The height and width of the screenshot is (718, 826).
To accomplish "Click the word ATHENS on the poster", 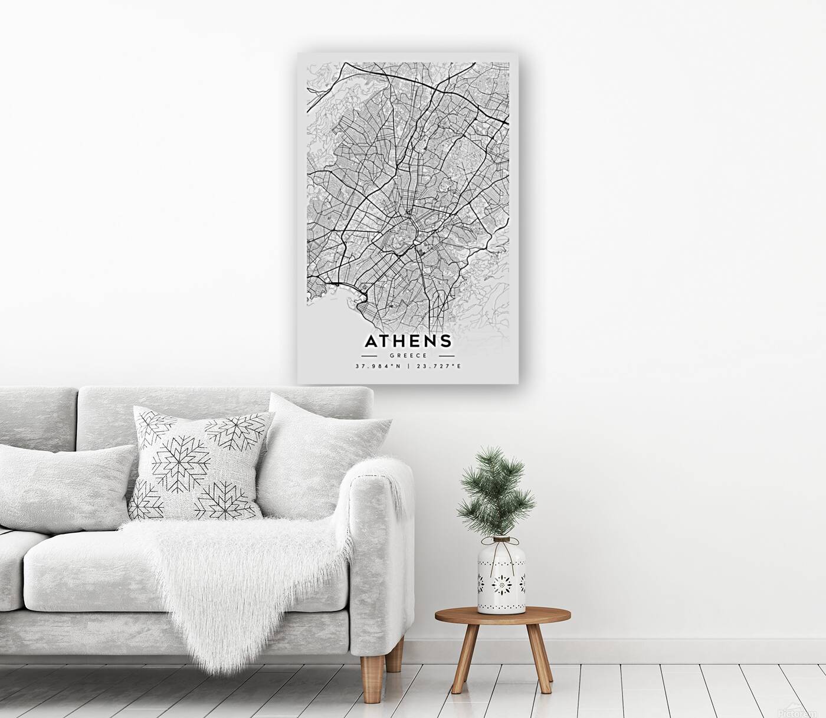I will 408,342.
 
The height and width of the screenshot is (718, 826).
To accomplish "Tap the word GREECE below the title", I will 408,356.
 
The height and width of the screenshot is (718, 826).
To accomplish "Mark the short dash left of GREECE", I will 369,356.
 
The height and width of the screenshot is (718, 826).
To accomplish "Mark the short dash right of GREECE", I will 448,356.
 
